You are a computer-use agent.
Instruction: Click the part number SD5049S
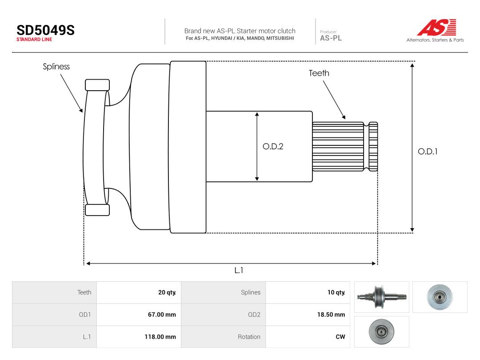(x=46, y=30)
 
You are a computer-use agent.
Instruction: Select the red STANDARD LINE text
(x=34, y=40)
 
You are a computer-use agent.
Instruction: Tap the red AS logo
(x=437, y=27)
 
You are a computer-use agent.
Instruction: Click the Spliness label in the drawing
(x=56, y=66)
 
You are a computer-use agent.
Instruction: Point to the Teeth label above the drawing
(x=319, y=73)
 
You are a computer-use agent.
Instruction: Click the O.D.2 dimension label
(x=273, y=146)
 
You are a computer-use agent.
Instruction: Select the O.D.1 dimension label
(x=428, y=152)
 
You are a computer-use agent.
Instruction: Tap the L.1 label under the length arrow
(x=239, y=270)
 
